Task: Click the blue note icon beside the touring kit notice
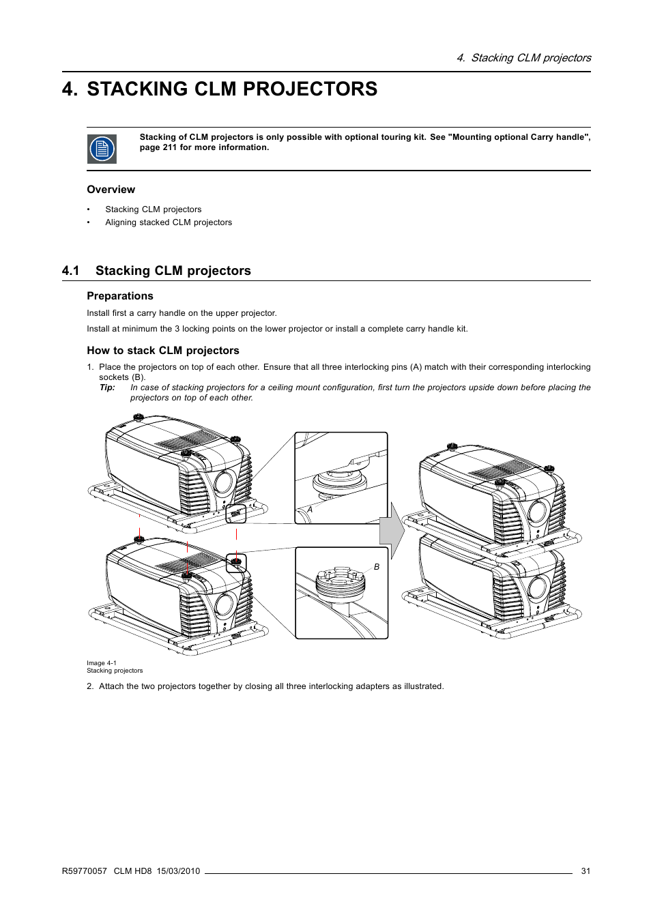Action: (102, 149)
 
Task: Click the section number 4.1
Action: (70, 271)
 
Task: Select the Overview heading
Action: (111, 190)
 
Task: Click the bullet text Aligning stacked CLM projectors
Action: (169, 222)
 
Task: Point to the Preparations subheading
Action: (120, 296)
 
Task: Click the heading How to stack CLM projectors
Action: (163, 351)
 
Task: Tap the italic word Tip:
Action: (107, 388)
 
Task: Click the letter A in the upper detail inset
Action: (310, 510)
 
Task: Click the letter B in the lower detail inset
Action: (376, 567)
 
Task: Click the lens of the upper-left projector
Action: (223, 482)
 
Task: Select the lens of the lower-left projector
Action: (223, 605)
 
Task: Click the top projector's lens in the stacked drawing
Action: (537, 512)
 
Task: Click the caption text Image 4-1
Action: (102, 663)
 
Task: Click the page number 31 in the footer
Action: (585, 871)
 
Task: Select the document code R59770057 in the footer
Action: (85, 871)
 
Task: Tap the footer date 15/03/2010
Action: (178, 871)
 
